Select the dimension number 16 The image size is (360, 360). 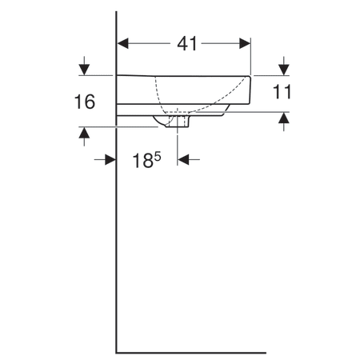point(84,102)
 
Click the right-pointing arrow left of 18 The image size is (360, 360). point(110,159)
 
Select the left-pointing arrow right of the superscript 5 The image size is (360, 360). point(185,159)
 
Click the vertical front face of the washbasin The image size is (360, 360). point(251,90)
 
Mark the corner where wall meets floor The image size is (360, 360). point(118,350)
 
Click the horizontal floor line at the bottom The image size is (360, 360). point(192,350)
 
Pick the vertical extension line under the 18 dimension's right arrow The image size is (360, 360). point(178,144)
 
